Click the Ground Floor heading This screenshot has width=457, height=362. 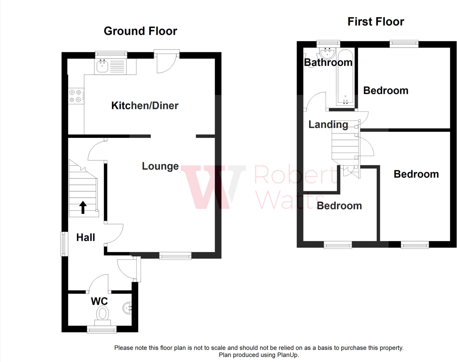coord(140,31)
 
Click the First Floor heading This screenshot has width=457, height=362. coord(376,22)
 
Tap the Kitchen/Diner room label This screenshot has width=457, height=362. coord(144,105)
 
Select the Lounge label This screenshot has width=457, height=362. coord(160,166)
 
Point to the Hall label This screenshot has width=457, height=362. coord(86,237)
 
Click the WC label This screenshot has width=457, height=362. coord(99,301)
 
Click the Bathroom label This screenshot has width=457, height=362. coord(328,62)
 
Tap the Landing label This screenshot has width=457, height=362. coord(328,125)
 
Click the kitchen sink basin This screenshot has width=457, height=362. coord(102,66)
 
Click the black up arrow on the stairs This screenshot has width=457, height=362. coord(83,207)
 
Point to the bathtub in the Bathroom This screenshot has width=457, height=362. coord(345,77)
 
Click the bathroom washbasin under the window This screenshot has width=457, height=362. coord(328,53)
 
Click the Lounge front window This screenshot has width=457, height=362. coord(175,256)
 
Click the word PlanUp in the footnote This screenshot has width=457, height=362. coord(287,355)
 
